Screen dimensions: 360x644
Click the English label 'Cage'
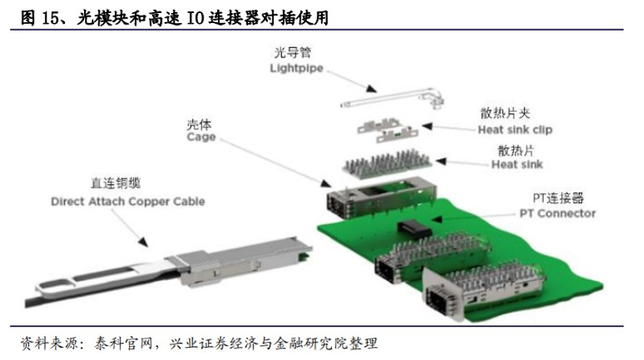click(201, 138)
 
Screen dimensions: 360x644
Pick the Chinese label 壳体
click(200, 123)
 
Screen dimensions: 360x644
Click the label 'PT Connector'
click(558, 213)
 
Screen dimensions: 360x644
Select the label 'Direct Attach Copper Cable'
click(128, 203)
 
